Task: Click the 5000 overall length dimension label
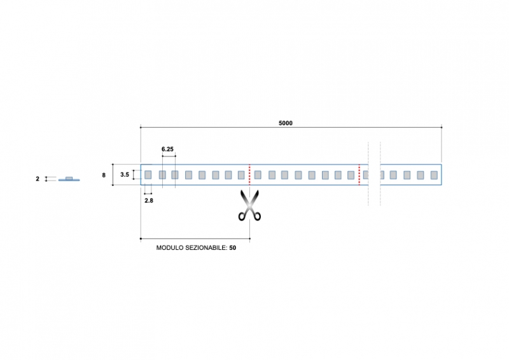(286, 123)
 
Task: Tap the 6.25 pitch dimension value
(168, 149)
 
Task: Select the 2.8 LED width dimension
(148, 200)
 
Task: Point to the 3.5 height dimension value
(125, 174)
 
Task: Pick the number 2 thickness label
(38, 179)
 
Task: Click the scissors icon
(249, 205)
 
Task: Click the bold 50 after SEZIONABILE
(233, 247)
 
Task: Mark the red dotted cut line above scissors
(249, 174)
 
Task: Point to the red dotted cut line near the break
(359, 174)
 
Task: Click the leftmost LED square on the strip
(148, 174)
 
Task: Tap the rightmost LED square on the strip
(434, 174)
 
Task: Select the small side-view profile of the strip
(69, 179)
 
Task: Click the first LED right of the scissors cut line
(258, 174)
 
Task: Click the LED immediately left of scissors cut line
(241, 174)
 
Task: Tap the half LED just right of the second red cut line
(365, 174)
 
